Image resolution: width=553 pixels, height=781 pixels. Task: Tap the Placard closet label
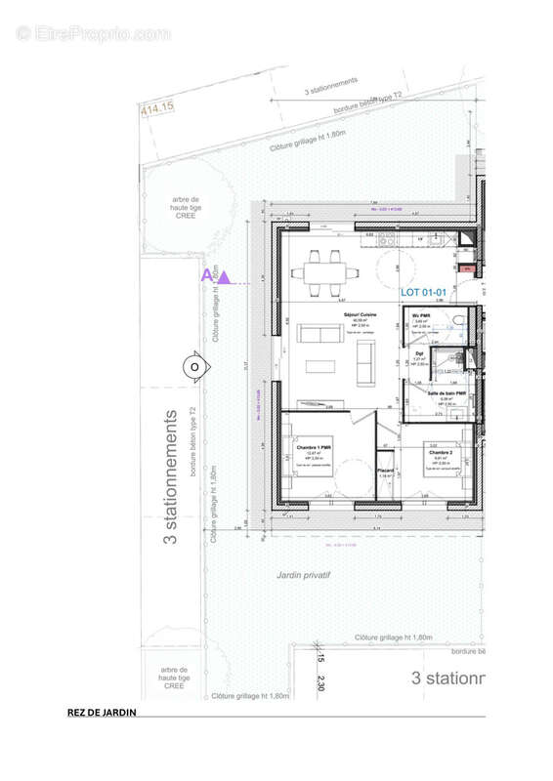click(386, 472)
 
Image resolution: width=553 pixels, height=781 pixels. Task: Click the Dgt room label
click(418, 354)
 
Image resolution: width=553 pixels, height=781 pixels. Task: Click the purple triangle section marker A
click(223, 278)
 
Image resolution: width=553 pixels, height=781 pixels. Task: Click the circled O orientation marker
click(194, 366)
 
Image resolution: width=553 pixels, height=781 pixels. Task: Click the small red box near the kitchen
click(467, 267)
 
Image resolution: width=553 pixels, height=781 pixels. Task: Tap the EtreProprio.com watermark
click(93, 33)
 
